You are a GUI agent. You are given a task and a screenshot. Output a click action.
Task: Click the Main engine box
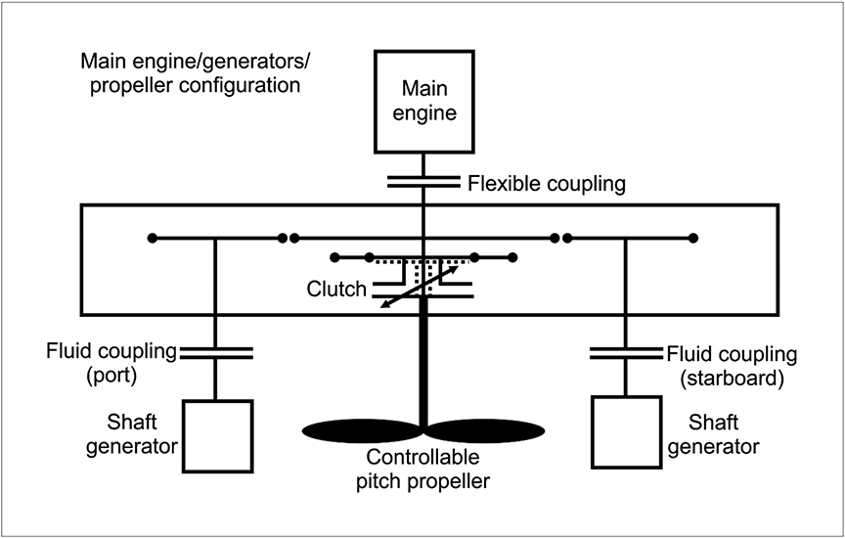pos(423,101)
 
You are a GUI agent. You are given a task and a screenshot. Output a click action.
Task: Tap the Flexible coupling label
pos(547,183)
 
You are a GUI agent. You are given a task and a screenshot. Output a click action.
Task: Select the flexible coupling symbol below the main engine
pos(423,182)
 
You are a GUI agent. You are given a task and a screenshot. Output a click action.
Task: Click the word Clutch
pos(334,289)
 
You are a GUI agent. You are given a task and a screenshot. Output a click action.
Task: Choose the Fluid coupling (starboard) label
pos(732,363)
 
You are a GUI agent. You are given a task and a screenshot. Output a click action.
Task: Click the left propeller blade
pos(362,429)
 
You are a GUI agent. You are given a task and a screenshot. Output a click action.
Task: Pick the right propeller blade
pos(484,429)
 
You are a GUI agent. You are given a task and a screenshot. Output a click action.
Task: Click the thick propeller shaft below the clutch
pos(423,362)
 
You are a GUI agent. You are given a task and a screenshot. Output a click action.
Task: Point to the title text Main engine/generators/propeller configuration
pos(190,74)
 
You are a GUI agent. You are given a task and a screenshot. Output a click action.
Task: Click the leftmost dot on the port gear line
pos(151,238)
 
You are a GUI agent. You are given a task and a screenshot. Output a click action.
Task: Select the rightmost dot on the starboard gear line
pos(692,238)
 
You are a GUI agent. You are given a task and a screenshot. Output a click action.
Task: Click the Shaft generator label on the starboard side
pos(724,436)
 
